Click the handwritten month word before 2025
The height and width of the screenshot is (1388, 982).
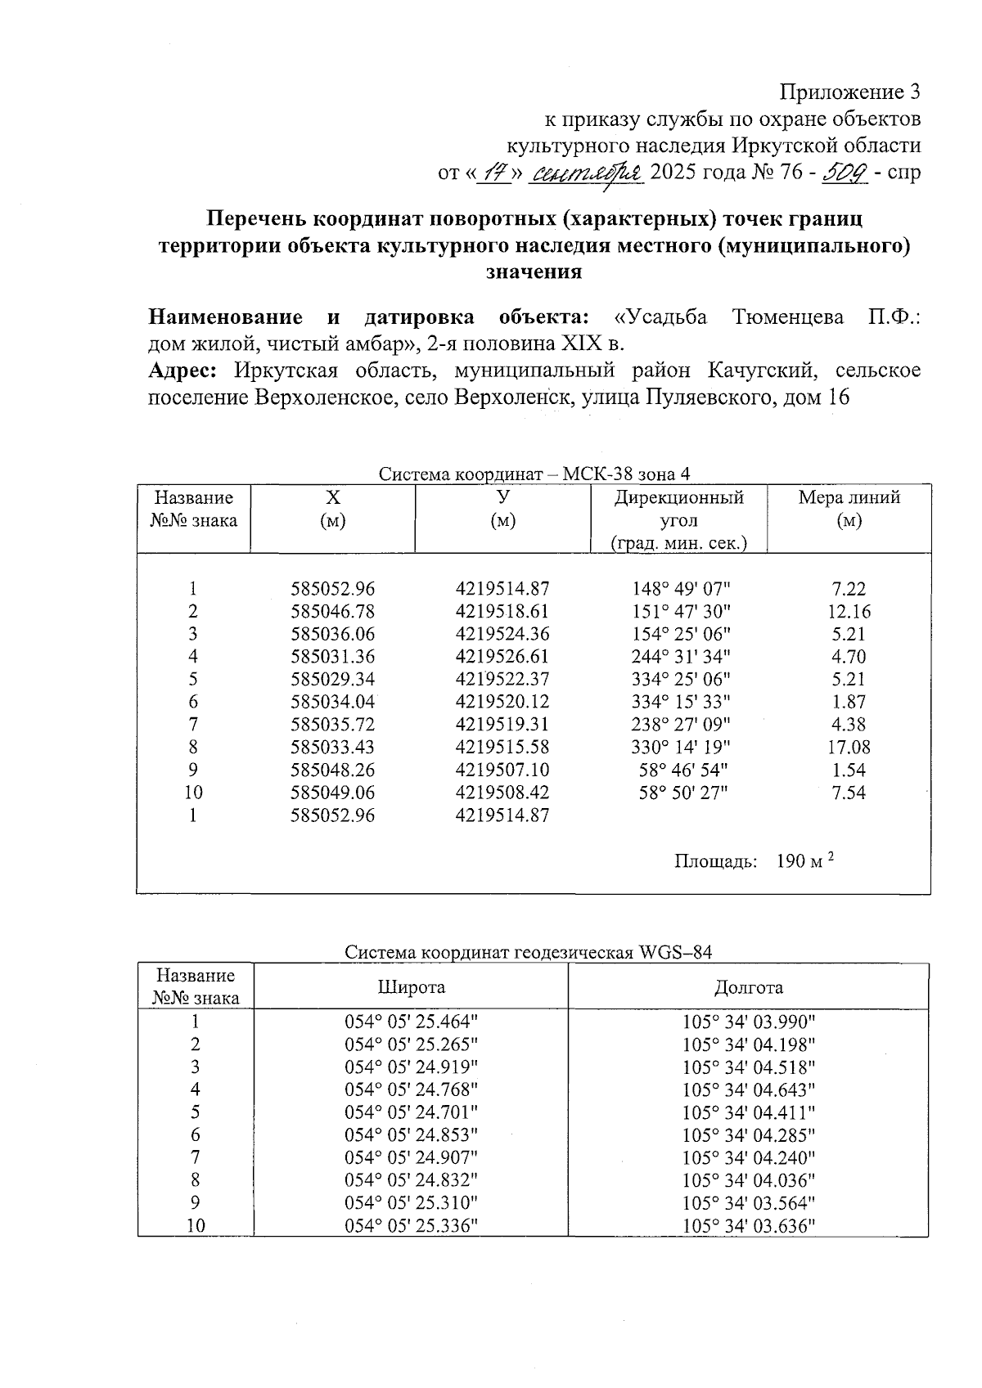588,173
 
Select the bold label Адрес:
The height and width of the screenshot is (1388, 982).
182,371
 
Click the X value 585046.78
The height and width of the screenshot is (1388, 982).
332,611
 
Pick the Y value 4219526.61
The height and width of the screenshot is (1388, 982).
502,656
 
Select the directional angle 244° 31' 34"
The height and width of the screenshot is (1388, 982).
680,656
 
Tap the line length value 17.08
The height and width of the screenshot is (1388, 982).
849,747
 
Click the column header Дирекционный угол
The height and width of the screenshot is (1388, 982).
678,508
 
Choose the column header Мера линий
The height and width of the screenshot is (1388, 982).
849,497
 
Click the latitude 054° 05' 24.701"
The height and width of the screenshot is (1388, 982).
411,1112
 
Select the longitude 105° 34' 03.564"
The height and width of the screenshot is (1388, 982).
749,1203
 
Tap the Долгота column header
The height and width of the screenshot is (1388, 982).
748,987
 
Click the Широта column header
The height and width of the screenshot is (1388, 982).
411,987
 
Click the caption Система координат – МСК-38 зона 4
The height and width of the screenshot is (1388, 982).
534,474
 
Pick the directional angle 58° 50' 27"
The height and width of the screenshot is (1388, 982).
680,793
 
